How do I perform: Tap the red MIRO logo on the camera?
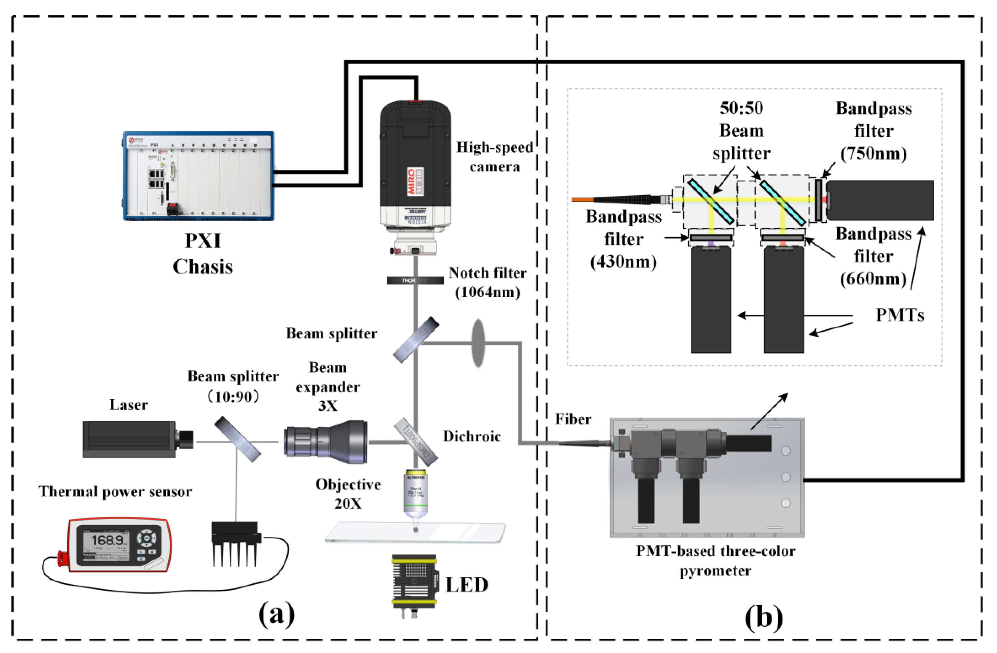[x=411, y=181]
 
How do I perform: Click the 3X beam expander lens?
[x=326, y=442]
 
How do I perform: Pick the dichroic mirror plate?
[x=416, y=441]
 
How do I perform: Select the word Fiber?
[x=573, y=419]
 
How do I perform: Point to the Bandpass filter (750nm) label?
[x=873, y=131]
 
